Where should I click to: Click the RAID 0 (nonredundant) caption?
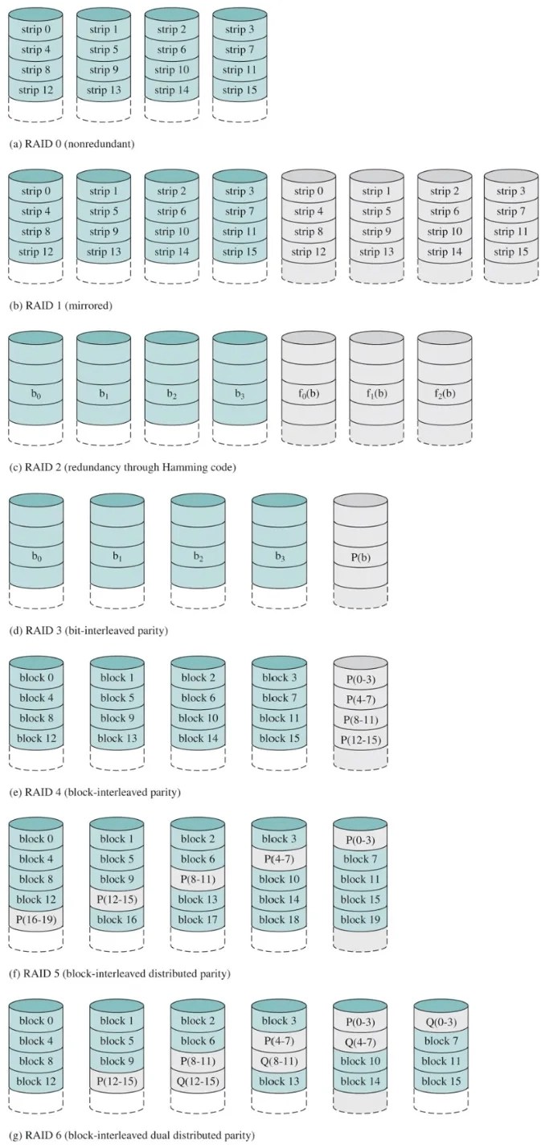click(x=71, y=145)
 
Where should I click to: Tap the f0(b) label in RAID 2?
click(x=308, y=396)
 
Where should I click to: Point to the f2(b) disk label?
click(x=444, y=396)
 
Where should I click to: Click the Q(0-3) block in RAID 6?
click(x=441, y=1022)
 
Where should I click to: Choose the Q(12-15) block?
click(x=198, y=1081)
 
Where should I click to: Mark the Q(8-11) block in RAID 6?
click(x=279, y=1061)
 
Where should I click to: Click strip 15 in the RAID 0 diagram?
click(x=240, y=90)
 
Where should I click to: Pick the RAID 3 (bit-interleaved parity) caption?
click(x=87, y=630)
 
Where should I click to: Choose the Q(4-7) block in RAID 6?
click(x=360, y=1042)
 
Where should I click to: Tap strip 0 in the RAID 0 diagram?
click(x=35, y=31)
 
